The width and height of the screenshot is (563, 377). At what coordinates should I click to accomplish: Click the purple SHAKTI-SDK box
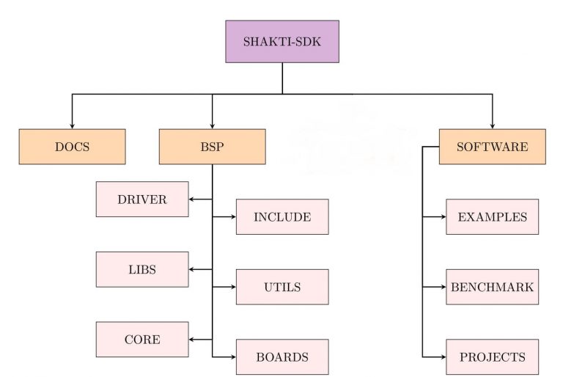(282, 41)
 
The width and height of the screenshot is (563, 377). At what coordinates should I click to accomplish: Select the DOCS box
(72, 147)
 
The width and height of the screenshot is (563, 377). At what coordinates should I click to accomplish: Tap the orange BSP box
(212, 147)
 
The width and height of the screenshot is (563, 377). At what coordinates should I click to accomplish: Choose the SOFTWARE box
(492, 147)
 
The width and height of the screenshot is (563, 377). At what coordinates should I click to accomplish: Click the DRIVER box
(142, 199)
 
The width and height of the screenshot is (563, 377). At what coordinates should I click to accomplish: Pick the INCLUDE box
(282, 216)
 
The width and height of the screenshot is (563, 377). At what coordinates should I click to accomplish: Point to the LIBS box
(142, 269)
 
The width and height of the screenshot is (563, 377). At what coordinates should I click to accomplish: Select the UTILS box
(282, 287)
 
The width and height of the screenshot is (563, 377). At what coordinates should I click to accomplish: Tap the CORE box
(142, 340)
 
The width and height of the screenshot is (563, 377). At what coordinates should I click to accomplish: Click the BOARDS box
(282, 357)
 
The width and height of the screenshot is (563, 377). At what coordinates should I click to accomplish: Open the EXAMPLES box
(492, 216)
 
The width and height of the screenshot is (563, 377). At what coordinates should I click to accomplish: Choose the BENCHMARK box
(492, 287)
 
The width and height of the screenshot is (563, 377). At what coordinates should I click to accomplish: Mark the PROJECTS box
(492, 357)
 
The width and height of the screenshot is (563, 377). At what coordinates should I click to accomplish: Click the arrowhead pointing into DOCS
(72, 125)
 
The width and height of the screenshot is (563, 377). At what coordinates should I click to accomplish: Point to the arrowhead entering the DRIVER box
(193, 199)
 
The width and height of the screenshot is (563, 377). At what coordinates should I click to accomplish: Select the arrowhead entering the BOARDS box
(232, 357)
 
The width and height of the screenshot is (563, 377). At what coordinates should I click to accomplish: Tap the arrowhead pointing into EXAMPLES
(442, 216)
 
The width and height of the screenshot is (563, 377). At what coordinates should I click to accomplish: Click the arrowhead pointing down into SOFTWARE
(492, 125)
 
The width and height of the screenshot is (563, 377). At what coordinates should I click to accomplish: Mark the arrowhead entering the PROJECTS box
(442, 357)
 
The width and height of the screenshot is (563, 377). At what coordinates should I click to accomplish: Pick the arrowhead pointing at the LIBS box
(193, 269)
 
